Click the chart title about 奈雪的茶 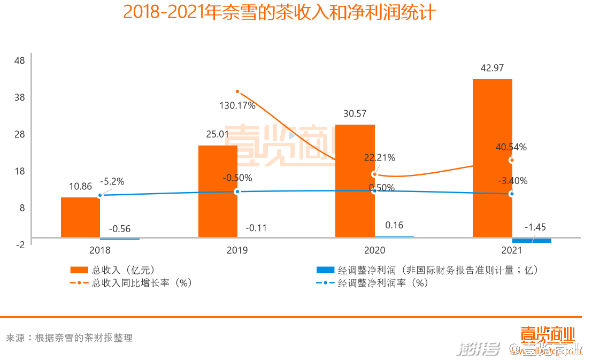tap(280, 12)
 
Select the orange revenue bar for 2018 tap(80, 217)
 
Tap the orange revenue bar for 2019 tap(218, 191)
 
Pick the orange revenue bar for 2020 tap(355, 181)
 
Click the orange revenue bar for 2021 tap(492, 158)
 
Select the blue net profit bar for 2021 tap(532, 240)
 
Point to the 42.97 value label tap(492, 68)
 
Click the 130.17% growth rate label tap(237, 105)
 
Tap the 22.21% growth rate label tap(379, 158)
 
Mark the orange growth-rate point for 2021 tap(512, 160)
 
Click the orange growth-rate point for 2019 tap(237, 91)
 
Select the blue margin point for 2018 tap(100, 195)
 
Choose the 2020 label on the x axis tap(374, 250)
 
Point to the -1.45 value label tap(535, 227)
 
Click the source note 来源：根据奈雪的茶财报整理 tap(69, 338)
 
